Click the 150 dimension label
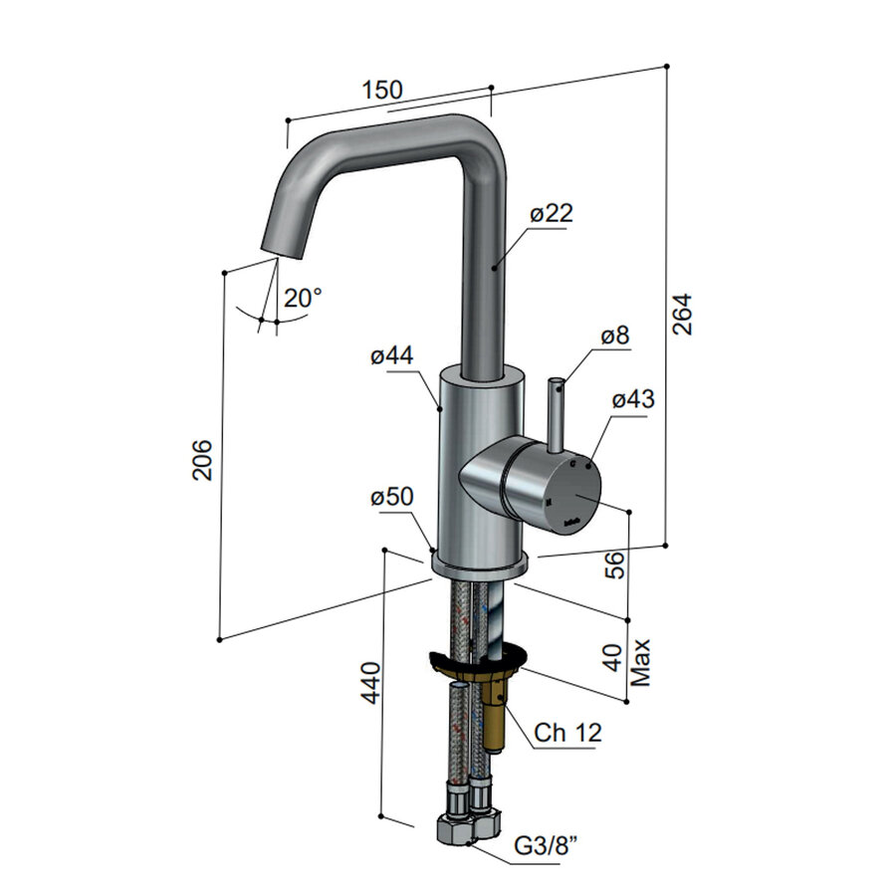tap(382, 90)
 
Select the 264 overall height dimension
tap(682, 315)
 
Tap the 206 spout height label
tap(202, 460)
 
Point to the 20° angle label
tap(303, 298)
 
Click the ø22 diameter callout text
tap(552, 213)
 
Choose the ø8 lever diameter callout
tap(615, 336)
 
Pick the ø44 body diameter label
tap(392, 356)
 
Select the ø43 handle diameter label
tap(633, 399)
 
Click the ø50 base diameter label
tap(392, 497)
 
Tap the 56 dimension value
tap(615, 564)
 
